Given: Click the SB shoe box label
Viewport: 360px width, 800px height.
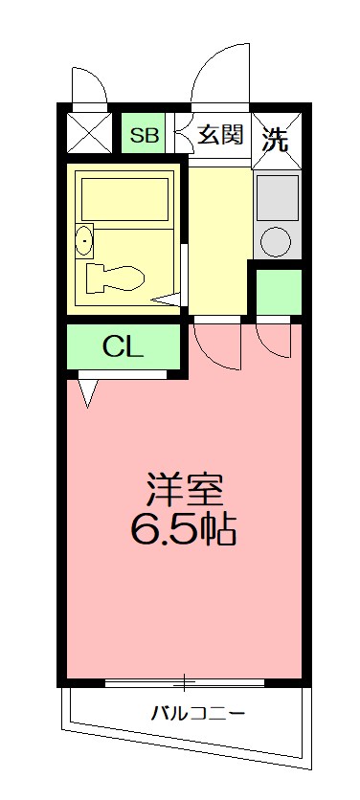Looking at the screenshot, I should click(x=146, y=136).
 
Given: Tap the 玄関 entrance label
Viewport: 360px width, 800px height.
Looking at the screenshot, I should click(x=220, y=135).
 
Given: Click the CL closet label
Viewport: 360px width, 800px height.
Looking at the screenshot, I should click(x=124, y=347).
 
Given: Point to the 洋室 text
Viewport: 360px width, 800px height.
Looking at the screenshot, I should click(x=185, y=491).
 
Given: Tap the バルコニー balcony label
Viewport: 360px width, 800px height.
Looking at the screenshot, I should click(x=198, y=713).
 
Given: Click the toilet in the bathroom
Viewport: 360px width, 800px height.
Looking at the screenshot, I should click(x=115, y=278).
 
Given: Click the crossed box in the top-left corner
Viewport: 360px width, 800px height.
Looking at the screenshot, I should click(x=92, y=133).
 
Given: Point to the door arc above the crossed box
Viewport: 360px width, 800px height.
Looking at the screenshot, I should click(x=89, y=85).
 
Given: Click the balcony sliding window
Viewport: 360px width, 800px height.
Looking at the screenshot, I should click(x=185, y=682).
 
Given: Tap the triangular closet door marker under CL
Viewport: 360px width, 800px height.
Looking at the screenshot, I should click(x=87, y=391).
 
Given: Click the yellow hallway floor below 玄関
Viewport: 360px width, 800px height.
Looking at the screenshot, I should click(x=219, y=239).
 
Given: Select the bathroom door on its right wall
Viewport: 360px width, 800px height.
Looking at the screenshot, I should click(x=182, y=268).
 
